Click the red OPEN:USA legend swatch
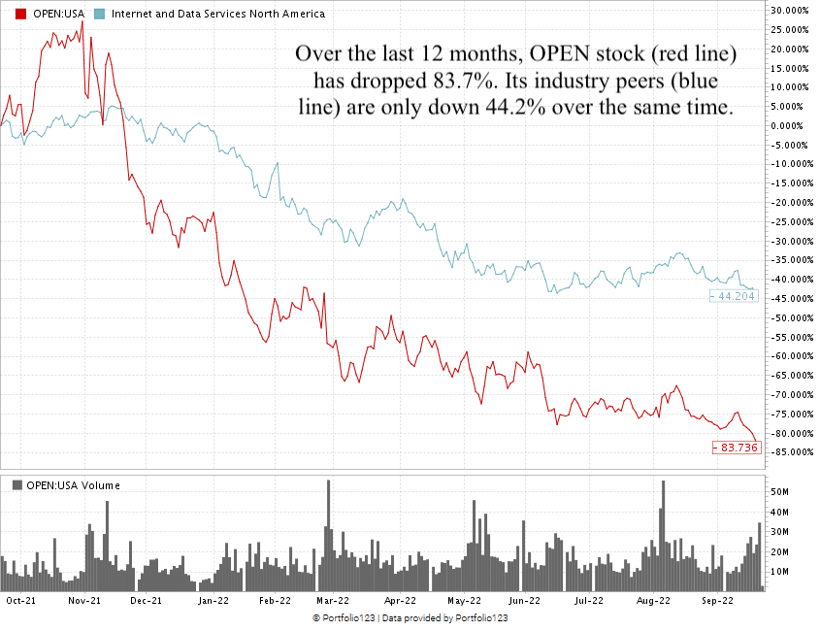pyautogui.click(x=9, y=15)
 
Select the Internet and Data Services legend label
pyautogui.click(x=218, y=15)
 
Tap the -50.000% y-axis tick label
pyautogui.click(x=792, y=317)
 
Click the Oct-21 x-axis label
pyautogui.click(x=22, y=602)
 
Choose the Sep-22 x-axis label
pyautogui.click(x=717, y=602)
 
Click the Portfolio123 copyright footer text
pyautogui.click(x=410, y=618)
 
